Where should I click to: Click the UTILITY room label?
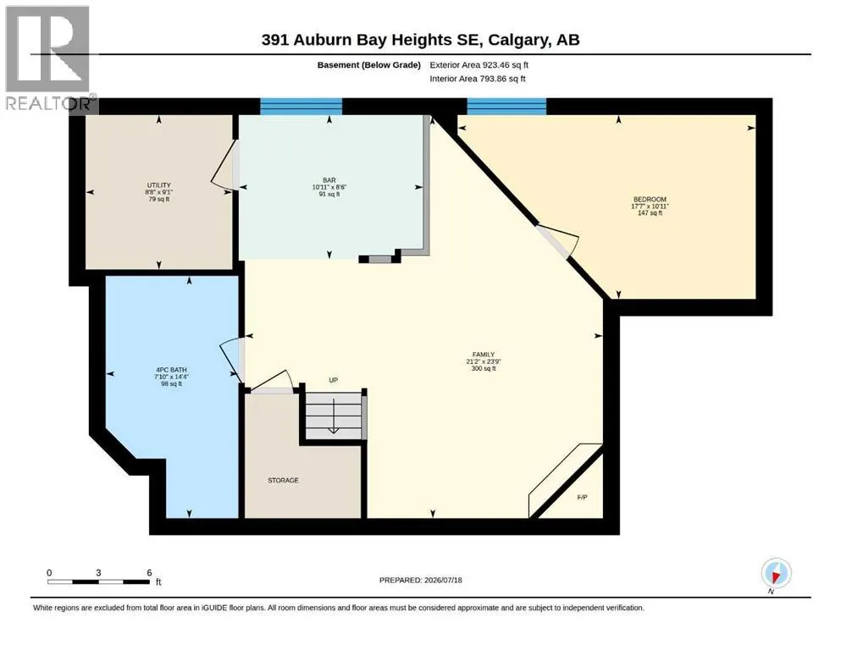click(158, 185)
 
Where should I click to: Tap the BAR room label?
click(329, 180)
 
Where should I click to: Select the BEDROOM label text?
click(650, 200)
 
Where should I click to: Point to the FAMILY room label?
click(484, 355)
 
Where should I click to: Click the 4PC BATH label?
click(172, 370)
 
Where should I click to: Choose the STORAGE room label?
click(283, 480)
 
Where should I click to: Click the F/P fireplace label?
click(582, 498)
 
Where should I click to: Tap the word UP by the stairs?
click(333, 380)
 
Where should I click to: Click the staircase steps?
click(334, 416)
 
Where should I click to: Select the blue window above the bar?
click(301, 106)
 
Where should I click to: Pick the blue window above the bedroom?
click(506, 106)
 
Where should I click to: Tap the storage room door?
click(270, 383)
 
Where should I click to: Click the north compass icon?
click(776, 574)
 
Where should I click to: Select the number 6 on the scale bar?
click(149, 572)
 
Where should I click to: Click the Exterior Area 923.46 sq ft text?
click(479, 65)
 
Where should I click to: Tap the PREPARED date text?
click(420, 580)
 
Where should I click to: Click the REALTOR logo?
click(49, 59)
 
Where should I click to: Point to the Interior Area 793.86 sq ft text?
click(478, 79)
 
